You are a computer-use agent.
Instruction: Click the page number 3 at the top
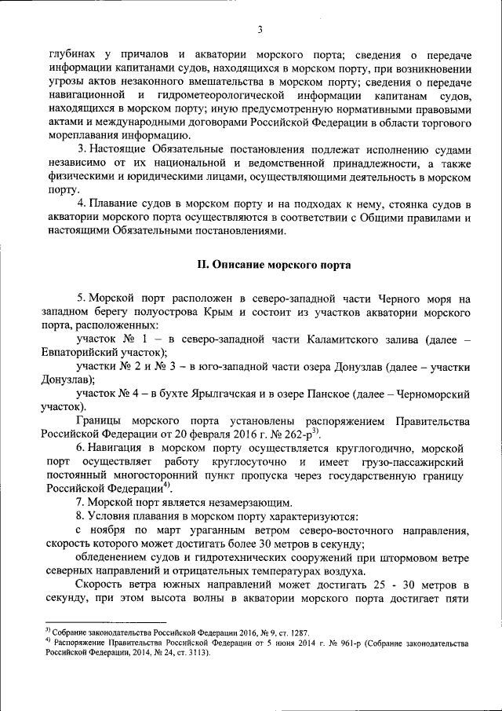click(259, 30)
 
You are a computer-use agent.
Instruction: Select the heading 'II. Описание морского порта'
click(273, 264)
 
